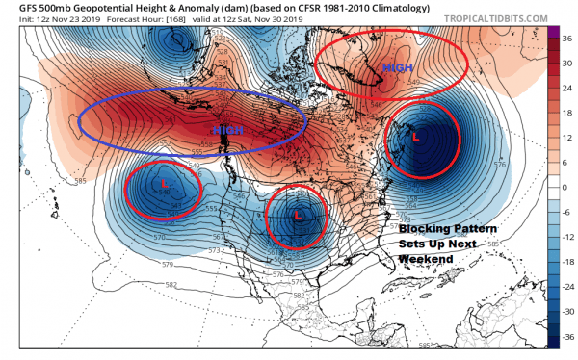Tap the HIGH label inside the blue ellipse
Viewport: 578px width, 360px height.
[x=227, y=129]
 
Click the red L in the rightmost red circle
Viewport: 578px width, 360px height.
[x=415, y=138]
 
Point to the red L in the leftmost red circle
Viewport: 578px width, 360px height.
[x=165, y=182]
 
